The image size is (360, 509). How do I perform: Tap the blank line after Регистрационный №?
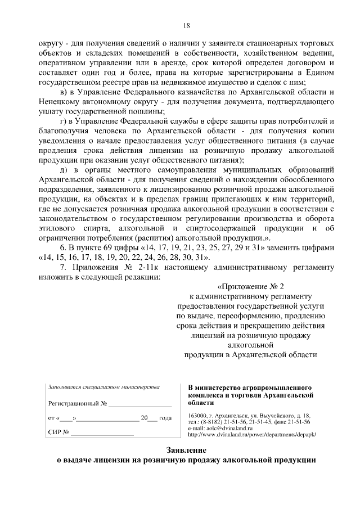(140, 404)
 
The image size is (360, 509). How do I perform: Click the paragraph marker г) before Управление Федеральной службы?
(64, 121)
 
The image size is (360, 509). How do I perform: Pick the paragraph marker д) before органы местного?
(64, 169)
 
